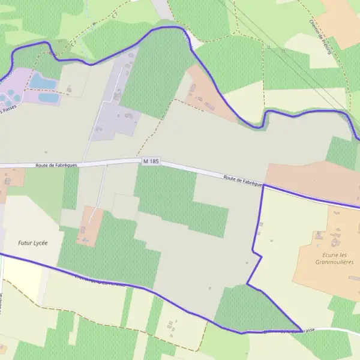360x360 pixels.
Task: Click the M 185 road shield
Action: (151, 161)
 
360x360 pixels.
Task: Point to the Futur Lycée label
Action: (32, 243)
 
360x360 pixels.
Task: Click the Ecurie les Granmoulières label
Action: (334, 258)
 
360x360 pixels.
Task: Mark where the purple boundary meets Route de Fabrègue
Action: (263, 185)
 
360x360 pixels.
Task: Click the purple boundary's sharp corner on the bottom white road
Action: (301, 330)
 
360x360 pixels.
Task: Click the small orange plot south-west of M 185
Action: (89, 226)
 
